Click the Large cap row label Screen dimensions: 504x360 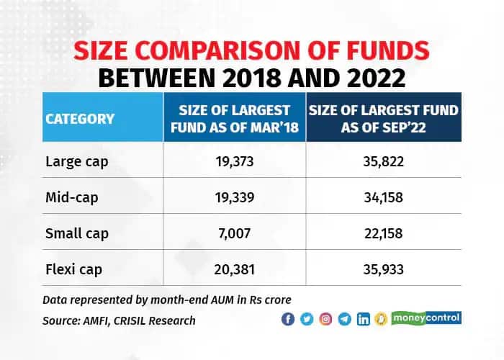coord(77,162)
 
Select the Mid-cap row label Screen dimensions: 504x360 coord(72,197)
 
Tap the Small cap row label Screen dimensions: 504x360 coord(77,234)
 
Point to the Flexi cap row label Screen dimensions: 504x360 coord(74,269)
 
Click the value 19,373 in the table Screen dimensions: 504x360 coord(235,161)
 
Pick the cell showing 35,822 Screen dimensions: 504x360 coord(384,161)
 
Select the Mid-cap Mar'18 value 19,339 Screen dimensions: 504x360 coord(235,197)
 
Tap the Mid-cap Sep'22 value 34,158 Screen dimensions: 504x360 coord(384,197)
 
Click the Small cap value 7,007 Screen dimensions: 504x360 coord(235,233)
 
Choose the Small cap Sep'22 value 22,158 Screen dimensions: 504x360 coord(384,233)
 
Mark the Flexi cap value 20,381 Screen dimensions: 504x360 coord(235,269)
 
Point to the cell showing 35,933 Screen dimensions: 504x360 coord(384,269)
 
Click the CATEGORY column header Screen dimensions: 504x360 coord(80,119)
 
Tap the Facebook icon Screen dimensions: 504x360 coord(288,319)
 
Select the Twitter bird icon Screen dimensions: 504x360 coord(307,319)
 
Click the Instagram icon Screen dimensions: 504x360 coord(325,319)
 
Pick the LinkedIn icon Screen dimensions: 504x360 coord(364,319)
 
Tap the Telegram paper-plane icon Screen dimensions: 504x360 coord(345,319)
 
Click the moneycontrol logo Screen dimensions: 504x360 coord(426,318)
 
